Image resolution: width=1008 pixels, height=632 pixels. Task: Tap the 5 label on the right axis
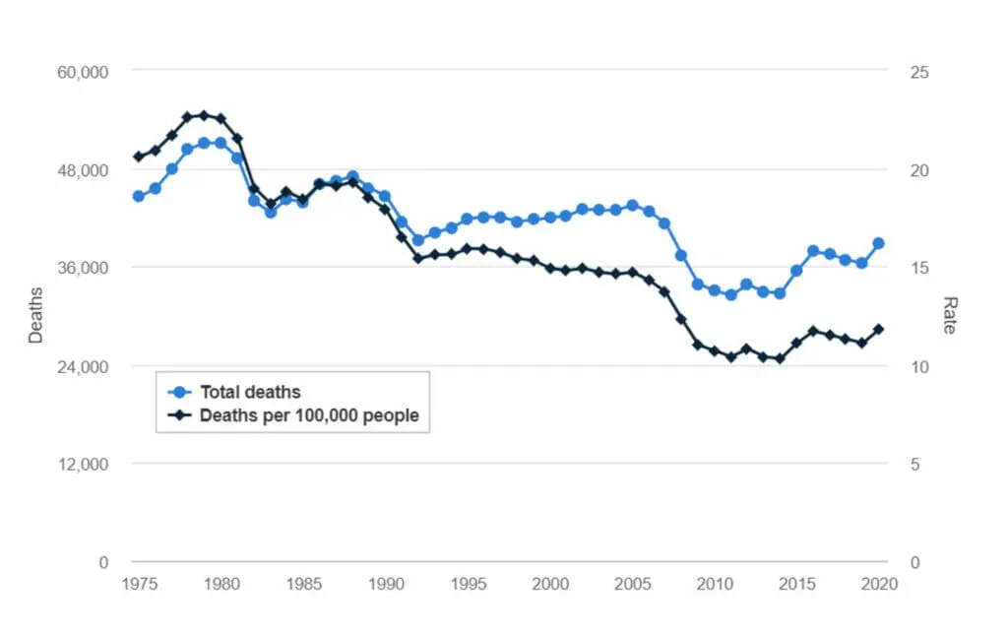[x=913, y=464]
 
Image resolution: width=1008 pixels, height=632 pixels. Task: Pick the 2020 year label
[x=878, y=584]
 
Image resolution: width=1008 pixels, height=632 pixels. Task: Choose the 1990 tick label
[x=385, y=584]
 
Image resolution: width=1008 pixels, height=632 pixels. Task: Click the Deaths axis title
[x=36, y=315]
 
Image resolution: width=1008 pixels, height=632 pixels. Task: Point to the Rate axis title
[x=949, y=315]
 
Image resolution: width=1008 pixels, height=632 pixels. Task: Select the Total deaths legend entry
[x=250, y=392]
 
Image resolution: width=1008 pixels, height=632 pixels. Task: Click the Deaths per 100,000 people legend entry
[x=309, y=415]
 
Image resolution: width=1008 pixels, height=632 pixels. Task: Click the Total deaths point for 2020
[x=878, y=243]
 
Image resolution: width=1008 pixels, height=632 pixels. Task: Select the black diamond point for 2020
[x=878, y=329]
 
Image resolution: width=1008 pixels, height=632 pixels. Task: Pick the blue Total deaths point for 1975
[x=139, y=196]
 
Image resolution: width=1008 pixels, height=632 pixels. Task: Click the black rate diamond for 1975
[x=139, y=157]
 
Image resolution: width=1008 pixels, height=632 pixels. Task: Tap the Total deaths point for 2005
[x=632, y=206]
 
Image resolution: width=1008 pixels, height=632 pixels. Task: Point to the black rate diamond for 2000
[x=550, y=268]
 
